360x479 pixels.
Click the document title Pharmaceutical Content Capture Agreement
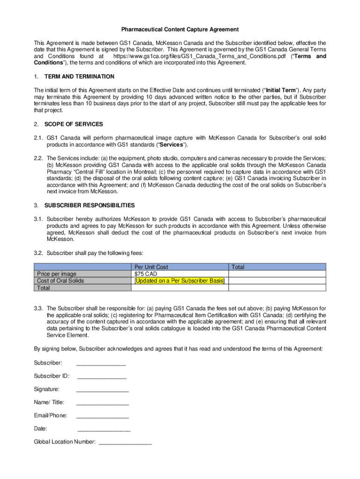(180, 29)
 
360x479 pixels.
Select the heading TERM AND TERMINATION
(79, 76)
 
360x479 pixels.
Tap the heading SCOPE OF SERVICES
(73, 124)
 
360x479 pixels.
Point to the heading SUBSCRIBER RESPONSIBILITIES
(89, 205)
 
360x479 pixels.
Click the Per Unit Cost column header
(151, 267)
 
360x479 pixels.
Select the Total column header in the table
(238, 267)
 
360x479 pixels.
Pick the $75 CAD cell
(146, 274)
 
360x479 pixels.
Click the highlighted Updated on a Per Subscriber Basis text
(180, 281)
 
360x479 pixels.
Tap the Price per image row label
(57, 274)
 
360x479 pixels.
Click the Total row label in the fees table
(43, 288)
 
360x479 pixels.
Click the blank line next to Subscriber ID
(101, 377)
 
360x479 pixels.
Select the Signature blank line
(102, 390)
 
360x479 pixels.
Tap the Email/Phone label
(50, 415)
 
